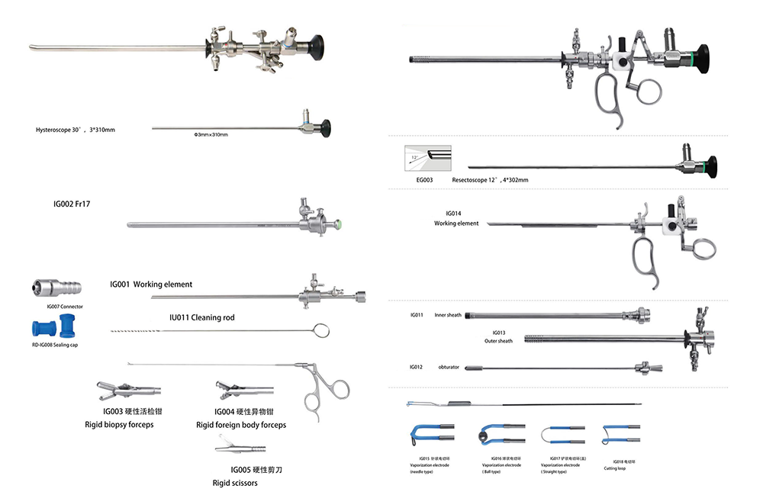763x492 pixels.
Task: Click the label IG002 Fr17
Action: (77, 204)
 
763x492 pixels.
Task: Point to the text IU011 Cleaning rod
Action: (201, 317)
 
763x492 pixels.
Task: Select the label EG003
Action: (424, 180)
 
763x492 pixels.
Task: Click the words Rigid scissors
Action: (235, 483)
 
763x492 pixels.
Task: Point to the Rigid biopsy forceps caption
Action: (119, 424)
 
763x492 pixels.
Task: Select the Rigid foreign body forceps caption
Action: (241, 425)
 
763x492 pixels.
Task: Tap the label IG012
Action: (417, 368)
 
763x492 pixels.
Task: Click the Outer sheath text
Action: (498, 341)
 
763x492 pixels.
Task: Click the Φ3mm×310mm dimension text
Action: (211, 135)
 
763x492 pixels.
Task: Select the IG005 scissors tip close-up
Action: (233, 442)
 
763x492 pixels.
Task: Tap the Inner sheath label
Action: (448, 314)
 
